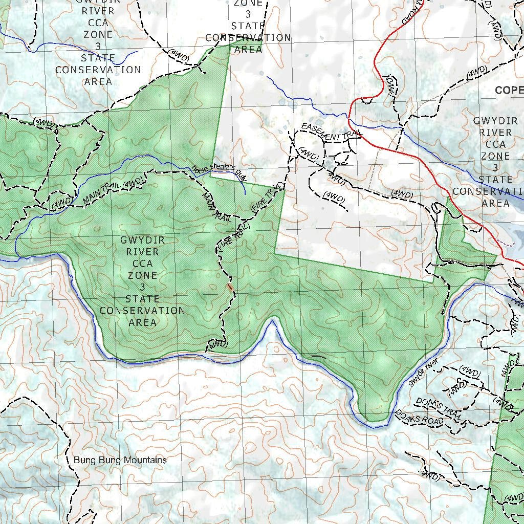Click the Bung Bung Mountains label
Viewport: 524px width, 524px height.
pyautogui.click(x=120, y=460)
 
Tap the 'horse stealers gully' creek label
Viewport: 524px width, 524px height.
pyautogui.click(x=219, y=171)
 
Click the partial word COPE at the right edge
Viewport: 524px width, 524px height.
pyautogui.click(x=509, y=91)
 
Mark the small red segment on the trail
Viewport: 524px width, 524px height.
pyautogui.click(x=230, y=287)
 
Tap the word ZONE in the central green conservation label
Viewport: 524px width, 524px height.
pyautogui.click(x=142, y=275)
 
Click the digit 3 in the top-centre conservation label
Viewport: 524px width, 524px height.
pyautogui.click(x=248, y=14)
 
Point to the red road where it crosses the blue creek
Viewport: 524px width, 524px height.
pyautogui.click(x=350, y=120)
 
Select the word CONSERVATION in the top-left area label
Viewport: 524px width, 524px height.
pyautogui.click(x=98, y=70)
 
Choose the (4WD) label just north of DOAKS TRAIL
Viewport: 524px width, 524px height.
pyautogui.click(x=470, y=371)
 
